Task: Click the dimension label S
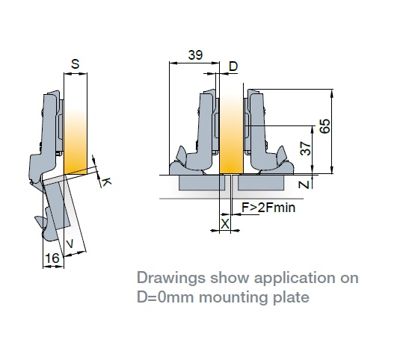[75, 64]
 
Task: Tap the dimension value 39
[195, 55]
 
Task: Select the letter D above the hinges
[233, 66]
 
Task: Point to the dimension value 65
[325, 126]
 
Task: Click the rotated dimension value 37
[305, 148]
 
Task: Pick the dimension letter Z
[304, 184]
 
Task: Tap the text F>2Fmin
[268, 208]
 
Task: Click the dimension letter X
[225, 224]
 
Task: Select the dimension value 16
[52, 258]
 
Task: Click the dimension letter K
[106, 182]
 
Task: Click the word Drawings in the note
[171, 279]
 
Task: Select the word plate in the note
[291, 298]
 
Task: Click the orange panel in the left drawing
[76, 141]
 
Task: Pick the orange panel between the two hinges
[231, 134]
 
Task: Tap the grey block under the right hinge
[261, 183]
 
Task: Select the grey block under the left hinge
[202, 183]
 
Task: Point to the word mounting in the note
[233, 298]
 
